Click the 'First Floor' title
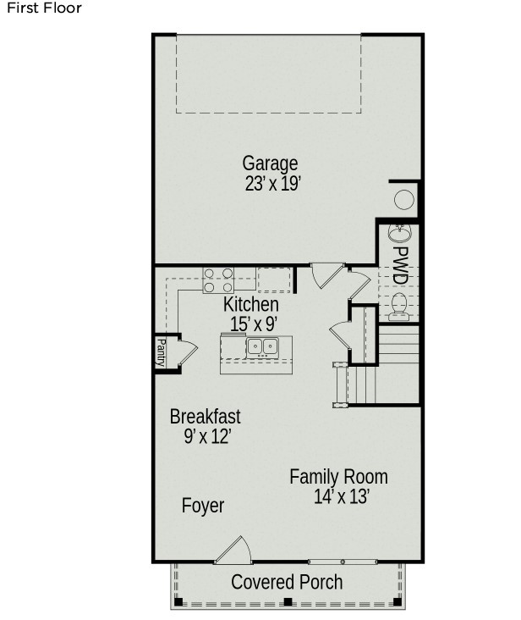click(x=44, y=8)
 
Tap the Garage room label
click(x=270, y=163)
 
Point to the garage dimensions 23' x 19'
click(x=273, y=184)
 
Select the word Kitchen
click(x=251, y=304)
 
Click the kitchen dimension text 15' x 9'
click(x=254, y=324)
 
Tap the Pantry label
click(x=161, y=352)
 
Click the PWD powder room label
click(x=400, y=265)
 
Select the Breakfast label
click(x=206, y=417)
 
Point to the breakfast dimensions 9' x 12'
click(x=207, y=436)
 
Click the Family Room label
click(x=338, y=477)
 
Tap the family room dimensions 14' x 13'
click(x=342, y=496)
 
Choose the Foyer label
click(x=203, y=506)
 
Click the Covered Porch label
click(x=287, y=582)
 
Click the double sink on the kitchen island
click(x=262, y=347)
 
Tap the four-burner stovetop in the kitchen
click(x=218, y=280)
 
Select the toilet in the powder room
click(x=399, y=307)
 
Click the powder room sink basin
click(x=400, y=233)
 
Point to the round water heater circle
click(x=404, y=200)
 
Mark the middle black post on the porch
click(x=288, y=602)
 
